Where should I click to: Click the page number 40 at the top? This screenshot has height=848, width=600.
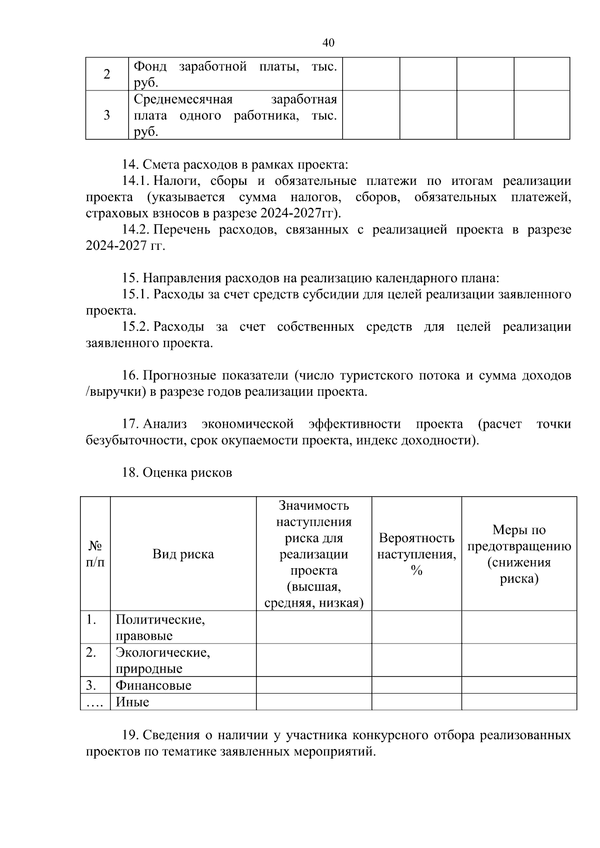coord(328,43)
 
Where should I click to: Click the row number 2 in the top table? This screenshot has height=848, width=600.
coord(106,74)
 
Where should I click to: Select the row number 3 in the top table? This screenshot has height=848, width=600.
coord(106,115)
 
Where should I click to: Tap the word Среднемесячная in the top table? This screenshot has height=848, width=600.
coord(183,99)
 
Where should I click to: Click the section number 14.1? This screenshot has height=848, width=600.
coord(136,181)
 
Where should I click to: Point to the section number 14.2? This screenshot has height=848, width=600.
coord(136,229)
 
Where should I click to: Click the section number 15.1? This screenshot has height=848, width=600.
coord(136,294)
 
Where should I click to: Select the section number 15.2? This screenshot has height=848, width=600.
coord(136,327)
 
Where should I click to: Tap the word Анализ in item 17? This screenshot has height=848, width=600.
coord(164,424)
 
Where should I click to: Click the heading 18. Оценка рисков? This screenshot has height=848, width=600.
coord(177,473)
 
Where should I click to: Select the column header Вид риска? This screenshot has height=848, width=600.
coord(183,554)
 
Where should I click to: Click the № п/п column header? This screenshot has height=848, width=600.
coord(95,554)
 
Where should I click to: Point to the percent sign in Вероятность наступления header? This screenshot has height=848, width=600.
coord(416,571)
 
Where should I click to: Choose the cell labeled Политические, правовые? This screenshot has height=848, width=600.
coord(160,628)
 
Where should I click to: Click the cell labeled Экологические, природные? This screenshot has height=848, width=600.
coord(162,660)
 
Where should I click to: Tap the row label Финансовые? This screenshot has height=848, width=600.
coord(153,685)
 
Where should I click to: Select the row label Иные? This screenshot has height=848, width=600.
coord(132,702)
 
